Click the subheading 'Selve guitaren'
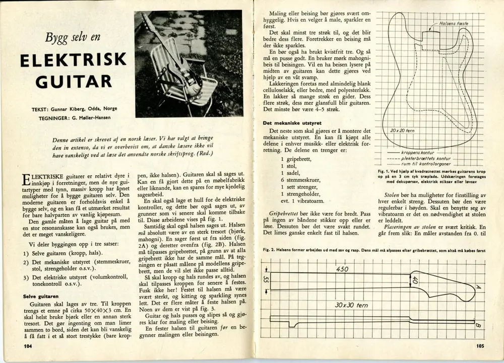(x=43, y=297)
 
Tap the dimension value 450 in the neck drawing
(x=342, y=269)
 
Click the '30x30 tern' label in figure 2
(x=351, y=305)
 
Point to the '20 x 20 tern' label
(x=402, y=131)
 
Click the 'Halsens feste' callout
(x=455, y=23)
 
